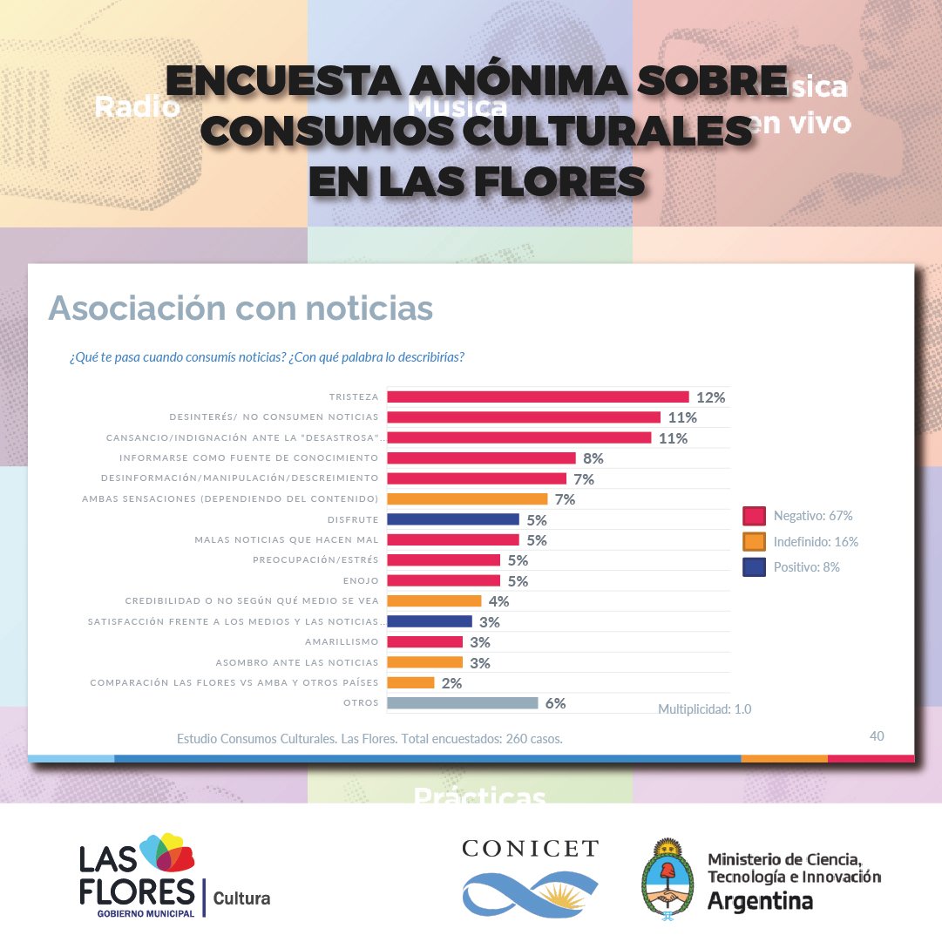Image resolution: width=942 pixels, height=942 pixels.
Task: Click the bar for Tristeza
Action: (x=538, y=396)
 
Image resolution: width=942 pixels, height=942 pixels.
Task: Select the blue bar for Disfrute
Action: (x=453, y=519)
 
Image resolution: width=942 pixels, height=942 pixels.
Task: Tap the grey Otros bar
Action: (x=462, y=703)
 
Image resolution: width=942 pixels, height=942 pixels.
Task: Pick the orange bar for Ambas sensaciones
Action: (x=467, y=499)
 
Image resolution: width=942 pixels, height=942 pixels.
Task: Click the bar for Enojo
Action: (x=444, y=580)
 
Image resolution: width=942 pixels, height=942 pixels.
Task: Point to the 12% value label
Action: (x=710, y=397)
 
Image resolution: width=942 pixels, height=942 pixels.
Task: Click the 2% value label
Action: (x=451, y=683)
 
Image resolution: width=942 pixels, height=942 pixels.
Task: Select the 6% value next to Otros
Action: (x=555, y=703)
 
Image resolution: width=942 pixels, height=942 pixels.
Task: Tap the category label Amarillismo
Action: (x=342, y=642)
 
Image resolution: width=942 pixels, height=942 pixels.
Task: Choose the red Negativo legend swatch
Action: (x=754, y=516)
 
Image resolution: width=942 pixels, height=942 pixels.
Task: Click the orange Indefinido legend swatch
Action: (x=754, y=541)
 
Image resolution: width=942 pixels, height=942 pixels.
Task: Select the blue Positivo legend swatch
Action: (x=754, y=567)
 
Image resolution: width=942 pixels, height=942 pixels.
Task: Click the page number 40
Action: (x=877, y=736)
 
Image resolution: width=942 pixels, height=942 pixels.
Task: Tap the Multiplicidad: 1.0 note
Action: (x=704, y=709)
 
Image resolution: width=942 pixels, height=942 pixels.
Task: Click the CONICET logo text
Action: (x=530, y=849)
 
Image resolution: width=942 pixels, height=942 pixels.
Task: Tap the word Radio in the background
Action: (x=137, y=107)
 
